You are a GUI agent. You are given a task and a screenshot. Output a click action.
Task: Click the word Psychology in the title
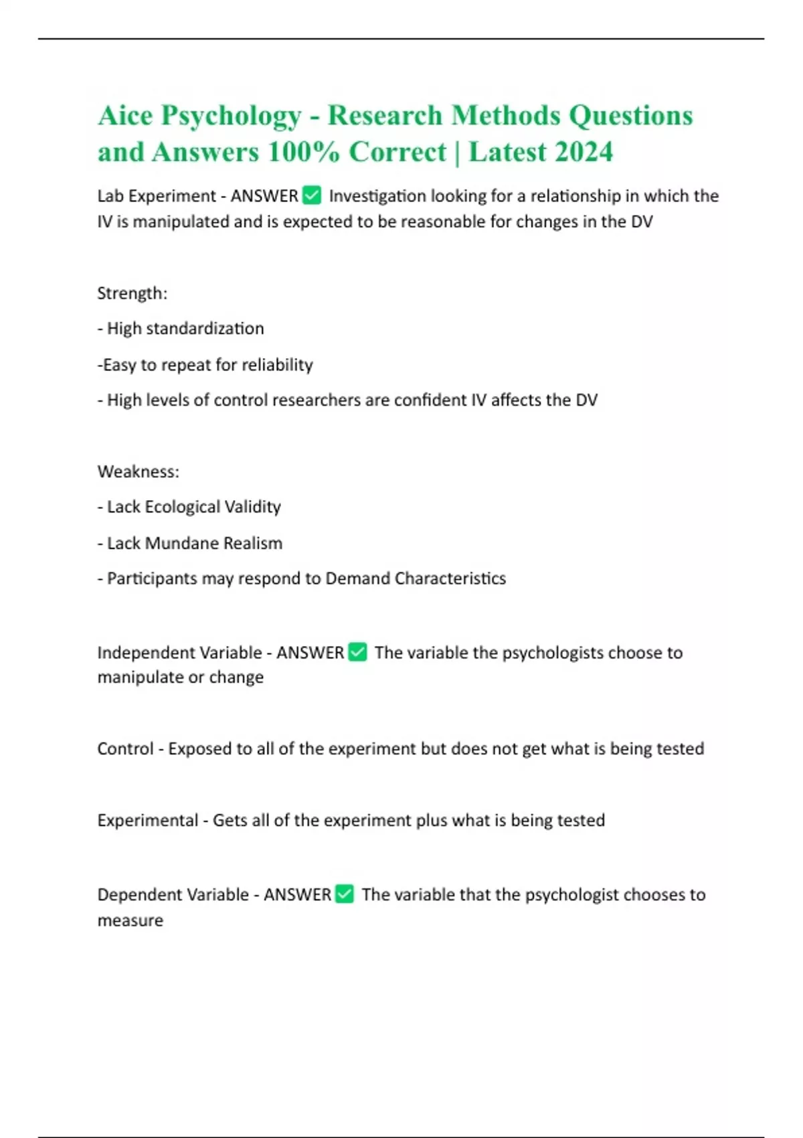tap(231, 116)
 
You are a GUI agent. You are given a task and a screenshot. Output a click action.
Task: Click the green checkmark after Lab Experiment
tap(312, 195)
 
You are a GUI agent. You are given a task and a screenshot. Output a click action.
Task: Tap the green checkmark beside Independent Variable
tap(358, 652)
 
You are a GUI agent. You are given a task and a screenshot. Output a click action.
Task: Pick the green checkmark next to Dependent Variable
tap(345, 894)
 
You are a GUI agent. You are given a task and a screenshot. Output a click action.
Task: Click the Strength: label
tap(132, 293)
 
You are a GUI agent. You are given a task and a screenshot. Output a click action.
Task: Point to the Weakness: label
tap(138, 471)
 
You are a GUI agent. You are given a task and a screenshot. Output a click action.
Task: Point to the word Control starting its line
tap(125, 748)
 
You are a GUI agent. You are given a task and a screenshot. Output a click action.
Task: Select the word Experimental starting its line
tap(147, 820)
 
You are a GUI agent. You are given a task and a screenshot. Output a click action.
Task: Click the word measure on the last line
tap(130, 920)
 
